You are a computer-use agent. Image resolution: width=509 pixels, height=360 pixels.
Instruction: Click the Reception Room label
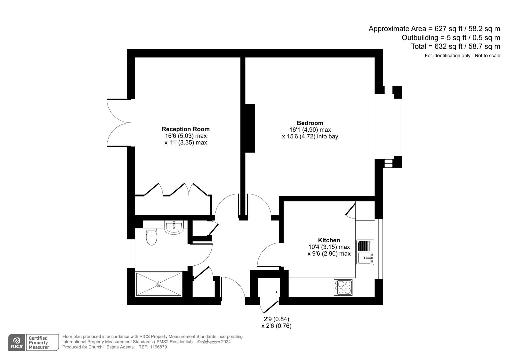186,129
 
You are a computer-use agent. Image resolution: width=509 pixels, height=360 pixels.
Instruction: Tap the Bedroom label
310,123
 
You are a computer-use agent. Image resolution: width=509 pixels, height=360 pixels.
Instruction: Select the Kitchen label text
329,240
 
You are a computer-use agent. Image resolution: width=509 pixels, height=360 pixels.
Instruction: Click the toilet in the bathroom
152,237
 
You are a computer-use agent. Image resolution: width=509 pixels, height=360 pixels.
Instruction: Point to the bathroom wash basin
174,227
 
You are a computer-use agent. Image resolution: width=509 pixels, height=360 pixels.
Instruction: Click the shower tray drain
159,284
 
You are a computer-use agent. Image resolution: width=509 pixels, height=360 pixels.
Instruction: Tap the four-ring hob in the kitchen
344,287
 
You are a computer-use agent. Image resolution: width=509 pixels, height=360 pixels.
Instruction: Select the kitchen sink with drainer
365,252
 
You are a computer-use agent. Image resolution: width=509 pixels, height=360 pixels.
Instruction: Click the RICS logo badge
17,342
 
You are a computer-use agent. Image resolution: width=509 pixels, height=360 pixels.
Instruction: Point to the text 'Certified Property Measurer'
39,343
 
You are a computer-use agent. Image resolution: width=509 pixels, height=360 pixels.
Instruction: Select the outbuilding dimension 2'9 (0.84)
276,319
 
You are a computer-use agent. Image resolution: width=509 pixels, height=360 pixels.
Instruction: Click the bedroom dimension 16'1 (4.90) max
310,130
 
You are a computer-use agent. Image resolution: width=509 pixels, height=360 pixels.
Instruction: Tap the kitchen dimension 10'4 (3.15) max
329,247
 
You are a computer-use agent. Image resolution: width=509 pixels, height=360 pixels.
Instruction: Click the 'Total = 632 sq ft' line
455,46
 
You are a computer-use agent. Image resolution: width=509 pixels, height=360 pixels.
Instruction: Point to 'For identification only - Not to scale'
462,56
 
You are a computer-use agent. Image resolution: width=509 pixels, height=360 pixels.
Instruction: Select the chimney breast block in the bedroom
250,128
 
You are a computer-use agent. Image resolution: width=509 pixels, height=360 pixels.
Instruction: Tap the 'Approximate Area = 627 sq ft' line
434,29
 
